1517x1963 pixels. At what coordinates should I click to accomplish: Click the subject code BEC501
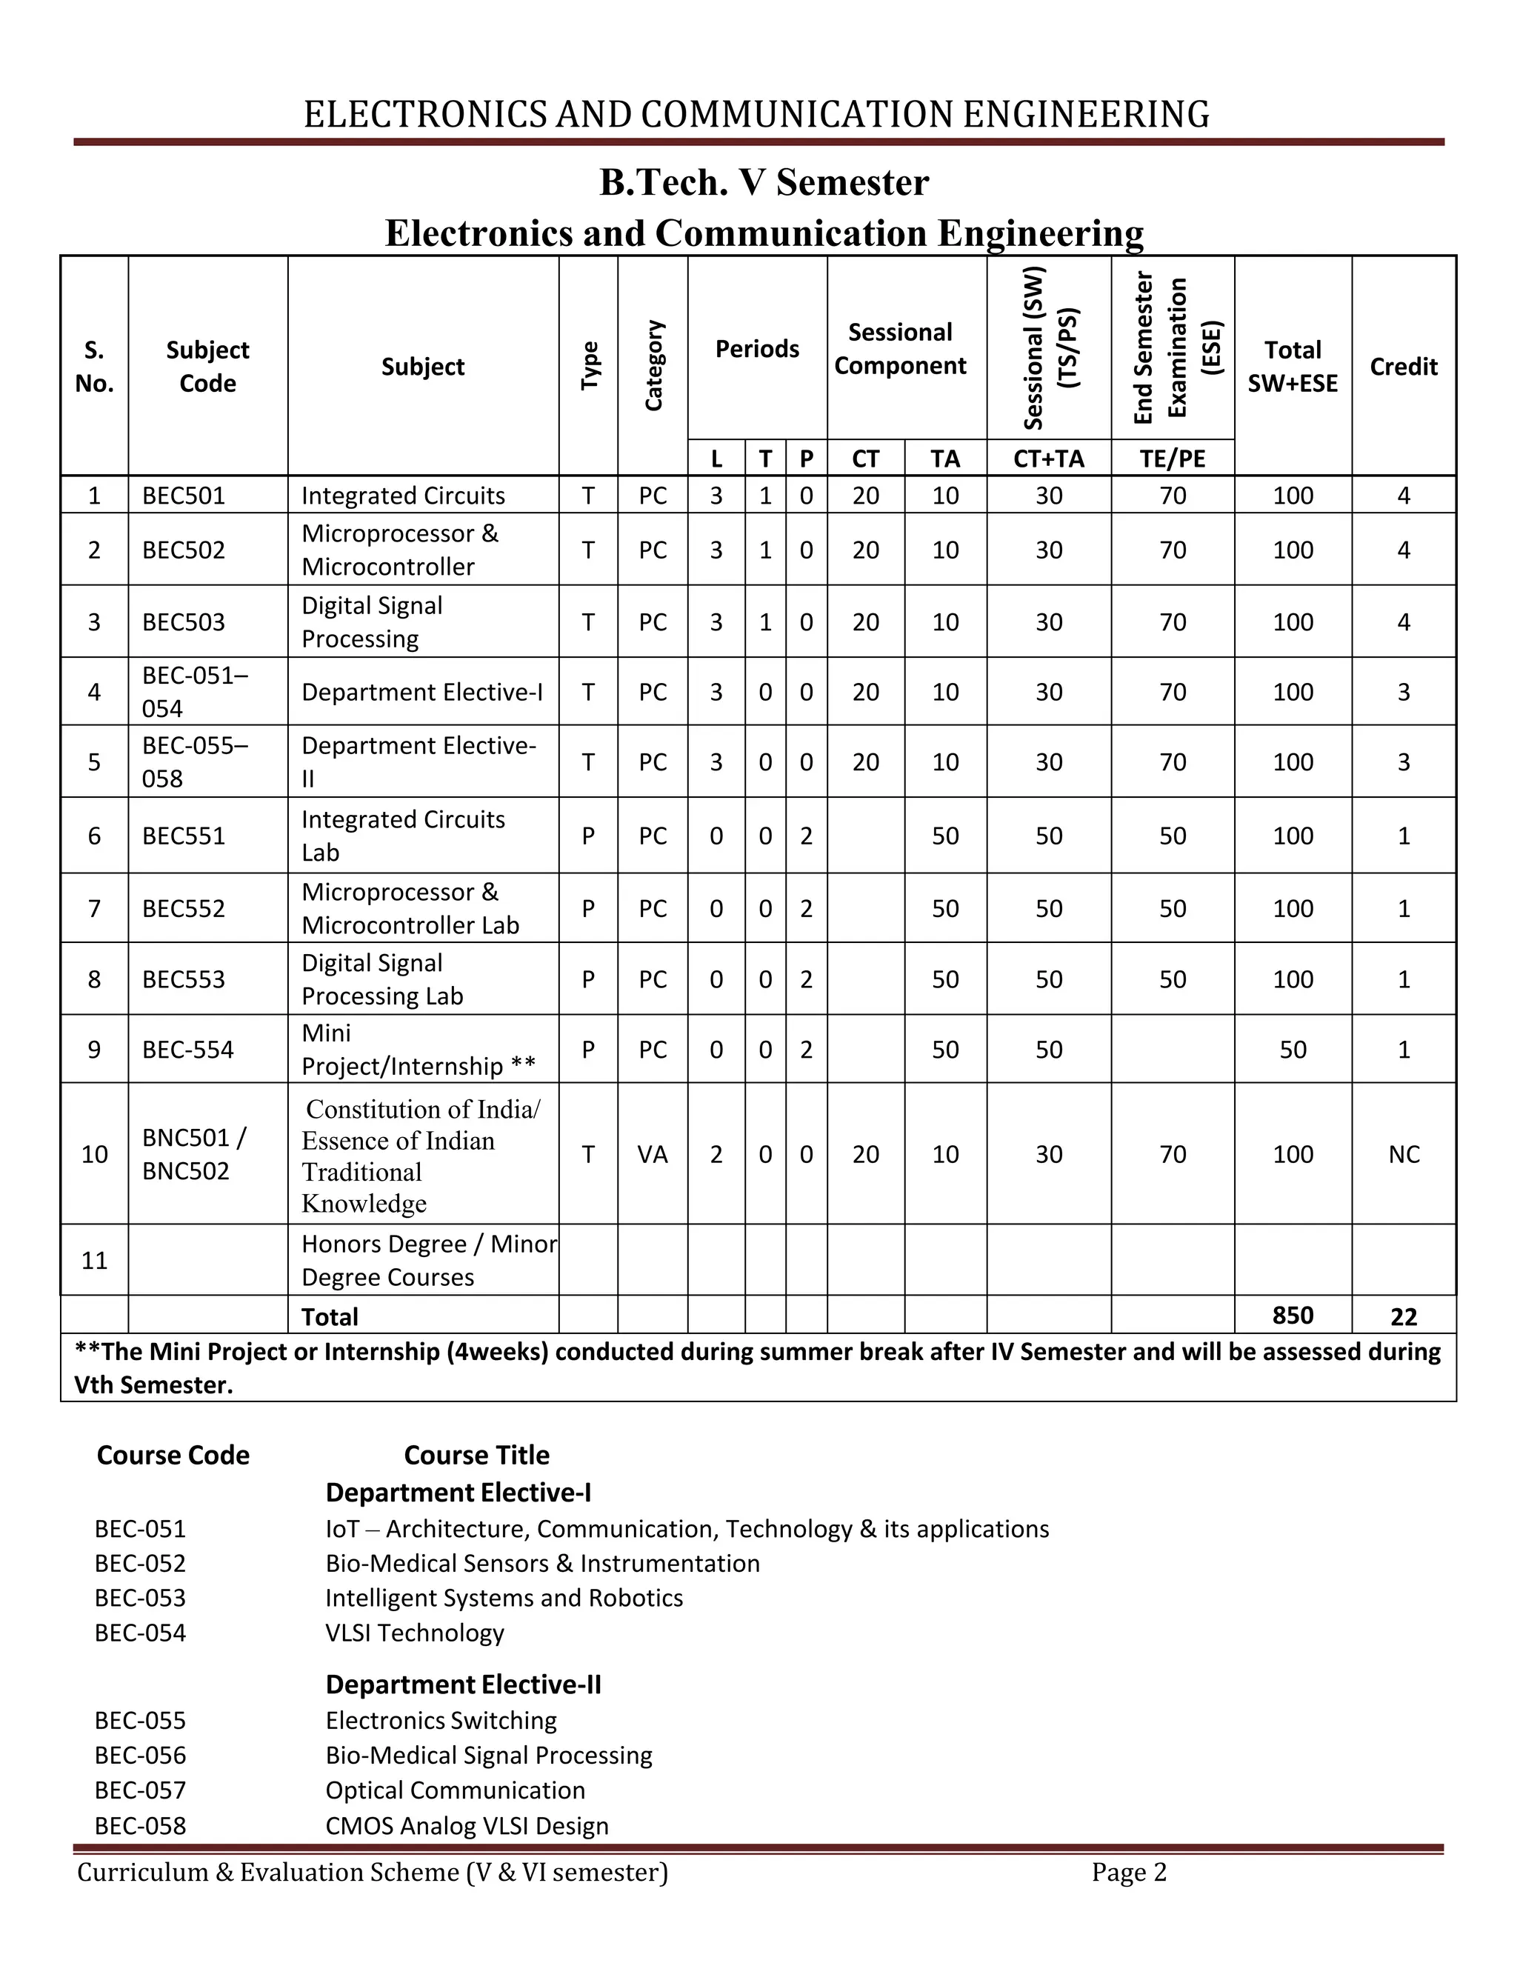coord(184,496)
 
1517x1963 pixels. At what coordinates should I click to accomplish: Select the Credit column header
coord(1403,367)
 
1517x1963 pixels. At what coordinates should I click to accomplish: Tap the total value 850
coord(1293,1315)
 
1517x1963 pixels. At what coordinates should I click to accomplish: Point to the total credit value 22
coord(1403,1317)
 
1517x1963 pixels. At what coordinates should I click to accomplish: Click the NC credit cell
coord(1403,1154)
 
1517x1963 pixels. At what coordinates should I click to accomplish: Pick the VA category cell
coord(653,1154)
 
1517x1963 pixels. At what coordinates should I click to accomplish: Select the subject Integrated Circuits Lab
coord(403,835)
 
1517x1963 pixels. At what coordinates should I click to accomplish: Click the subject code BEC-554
coord(188,1049)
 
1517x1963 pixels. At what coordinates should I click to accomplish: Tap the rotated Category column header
coord(653,366)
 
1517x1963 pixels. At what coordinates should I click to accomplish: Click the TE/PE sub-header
coord(1172,459)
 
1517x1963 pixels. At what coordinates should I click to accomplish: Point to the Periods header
coord(757,349)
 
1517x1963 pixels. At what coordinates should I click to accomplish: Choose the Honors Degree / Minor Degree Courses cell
coord(428,1260)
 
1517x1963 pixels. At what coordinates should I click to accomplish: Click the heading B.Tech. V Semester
coord(764,182)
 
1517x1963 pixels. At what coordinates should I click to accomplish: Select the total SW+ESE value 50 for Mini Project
coord(1293,1049)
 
